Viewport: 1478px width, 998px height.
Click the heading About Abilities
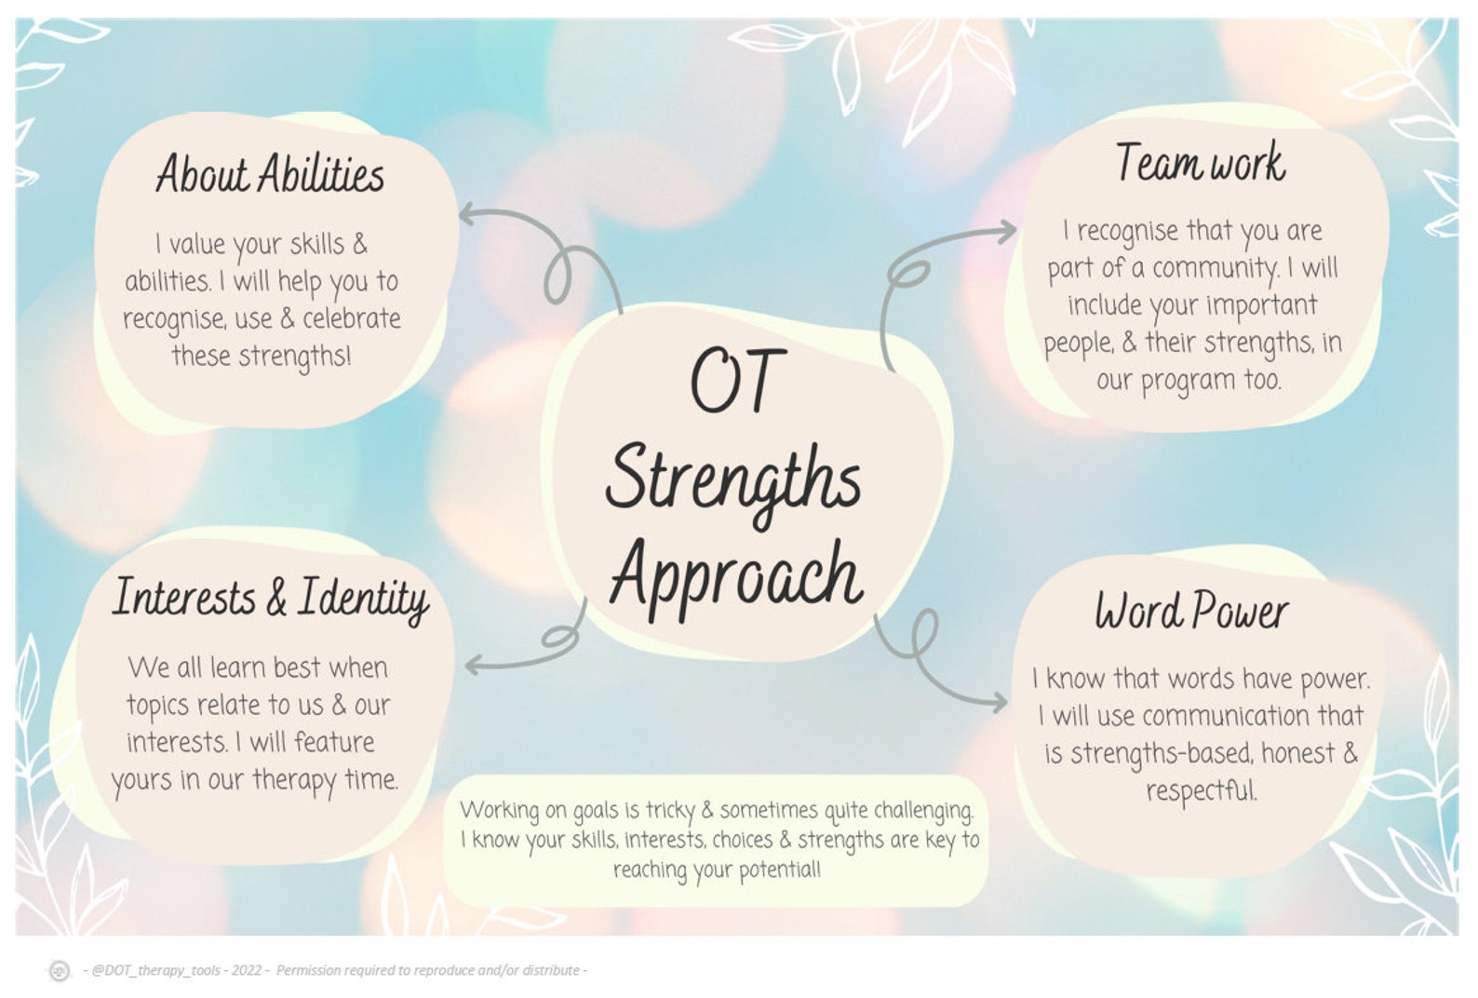click(270, 174)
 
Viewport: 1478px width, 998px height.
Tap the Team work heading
click(1201, 163)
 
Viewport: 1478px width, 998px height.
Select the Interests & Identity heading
click(270, 598)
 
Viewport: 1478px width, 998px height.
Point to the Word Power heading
click(1191, 612)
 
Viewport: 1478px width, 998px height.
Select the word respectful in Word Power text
click(1201, 791)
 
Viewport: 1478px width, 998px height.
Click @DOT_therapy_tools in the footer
click(155, 970)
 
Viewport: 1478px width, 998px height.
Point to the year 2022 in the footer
click(247, 970)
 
